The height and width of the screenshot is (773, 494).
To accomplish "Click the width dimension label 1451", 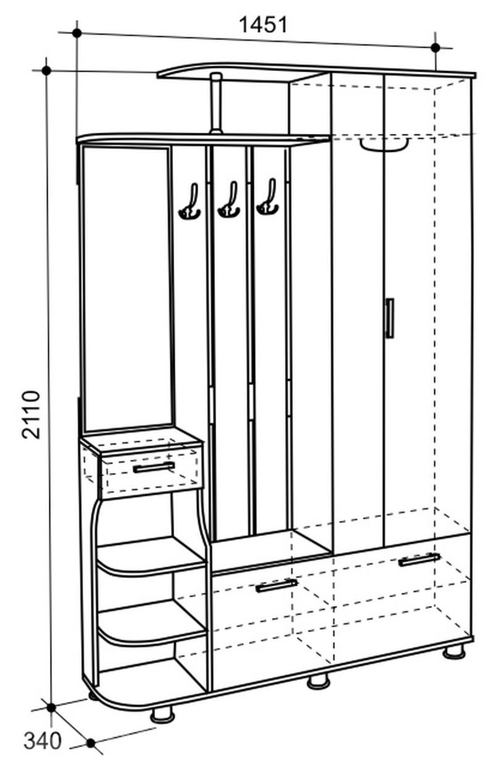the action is coord(263,25).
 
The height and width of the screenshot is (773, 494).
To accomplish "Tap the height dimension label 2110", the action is coord(31,414).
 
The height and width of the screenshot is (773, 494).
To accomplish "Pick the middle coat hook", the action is coord(229,199).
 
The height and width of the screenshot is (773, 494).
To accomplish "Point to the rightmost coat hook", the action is coord(267,197).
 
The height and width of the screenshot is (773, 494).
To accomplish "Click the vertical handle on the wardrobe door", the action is coord(389,318).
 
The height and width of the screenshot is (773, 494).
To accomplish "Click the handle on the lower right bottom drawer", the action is coord(419,559).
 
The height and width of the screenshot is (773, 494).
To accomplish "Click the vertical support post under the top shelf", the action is coord(217,103).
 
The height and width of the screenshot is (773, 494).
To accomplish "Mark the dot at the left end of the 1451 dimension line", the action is coord(77,33).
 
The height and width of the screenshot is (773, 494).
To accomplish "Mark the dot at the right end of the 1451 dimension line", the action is coord(435,48).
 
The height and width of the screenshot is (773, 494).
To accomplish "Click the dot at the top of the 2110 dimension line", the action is coord(46,70).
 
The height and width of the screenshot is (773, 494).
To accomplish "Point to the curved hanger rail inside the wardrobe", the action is coord(384,144).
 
